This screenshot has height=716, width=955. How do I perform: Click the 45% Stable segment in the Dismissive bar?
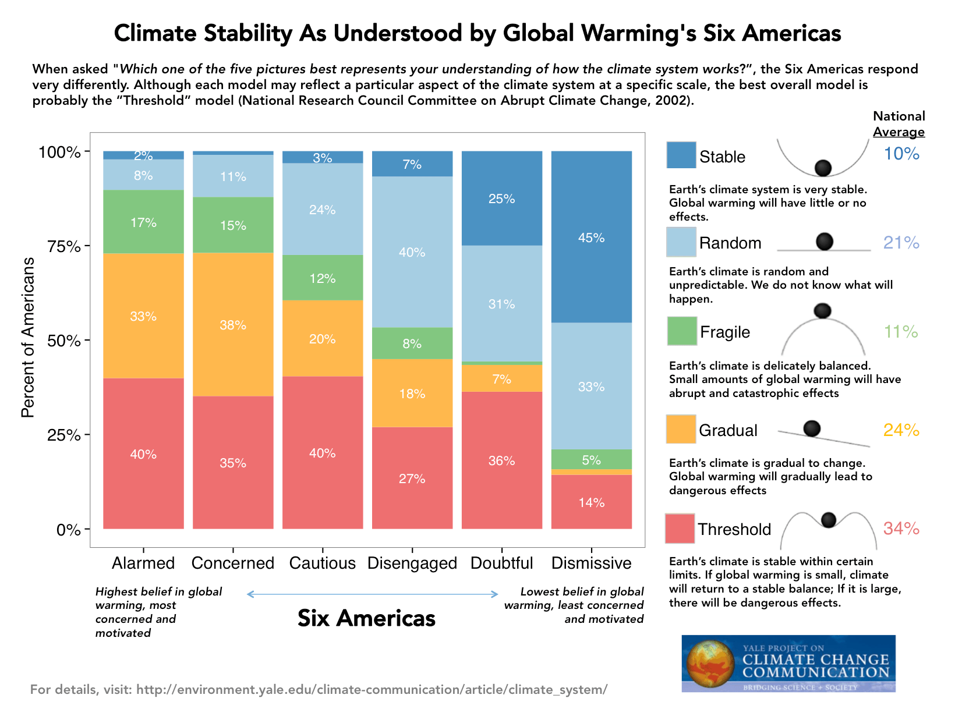[591, 237]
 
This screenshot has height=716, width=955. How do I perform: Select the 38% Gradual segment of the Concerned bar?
[233, 325]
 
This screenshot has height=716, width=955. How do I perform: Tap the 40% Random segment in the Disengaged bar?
[412, 252]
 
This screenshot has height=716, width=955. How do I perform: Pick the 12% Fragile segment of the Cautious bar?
[322, 278]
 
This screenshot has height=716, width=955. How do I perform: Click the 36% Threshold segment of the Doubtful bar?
[501, 460]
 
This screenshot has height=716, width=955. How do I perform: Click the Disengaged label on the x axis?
[412, 563]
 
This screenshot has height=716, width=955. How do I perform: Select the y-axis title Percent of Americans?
[28, 338]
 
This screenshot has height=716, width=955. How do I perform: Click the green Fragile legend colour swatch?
[681, 331]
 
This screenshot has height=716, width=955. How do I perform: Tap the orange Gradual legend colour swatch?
[681, 429]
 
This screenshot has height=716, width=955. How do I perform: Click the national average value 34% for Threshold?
[901, 529]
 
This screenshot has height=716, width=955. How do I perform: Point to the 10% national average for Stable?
[901, 154]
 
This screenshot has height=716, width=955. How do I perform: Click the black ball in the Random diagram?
[824, 241]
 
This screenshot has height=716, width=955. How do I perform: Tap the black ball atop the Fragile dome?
[822, 310]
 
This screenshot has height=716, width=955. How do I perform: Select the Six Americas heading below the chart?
[366, 618]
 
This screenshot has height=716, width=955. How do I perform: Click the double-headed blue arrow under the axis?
[373, 594]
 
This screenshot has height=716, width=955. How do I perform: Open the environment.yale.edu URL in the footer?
[372, 690]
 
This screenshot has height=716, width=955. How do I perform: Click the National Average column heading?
[899, 124]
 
